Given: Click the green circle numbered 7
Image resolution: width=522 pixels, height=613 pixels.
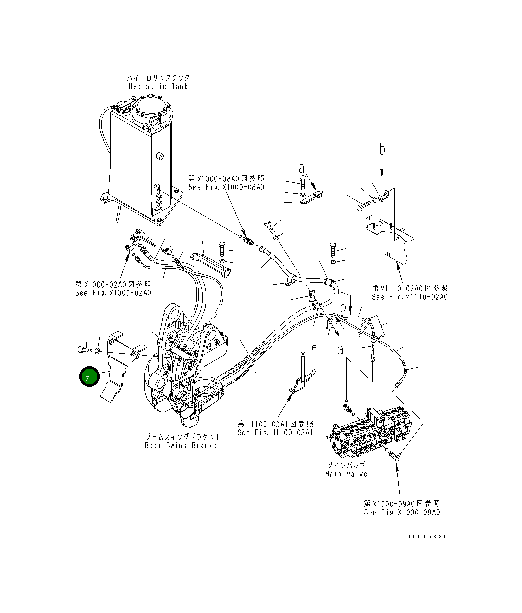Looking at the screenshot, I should (x=87, y=378).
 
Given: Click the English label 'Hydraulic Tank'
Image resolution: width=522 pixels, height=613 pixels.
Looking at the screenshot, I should (x=158, y=86).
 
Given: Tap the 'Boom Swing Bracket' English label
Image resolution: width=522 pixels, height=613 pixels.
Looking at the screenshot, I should (x=182, y=445).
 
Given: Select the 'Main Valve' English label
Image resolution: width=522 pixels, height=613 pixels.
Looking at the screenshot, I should (x=346, y=474).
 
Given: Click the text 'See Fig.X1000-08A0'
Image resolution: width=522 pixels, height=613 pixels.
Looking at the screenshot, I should (x=226, y=187).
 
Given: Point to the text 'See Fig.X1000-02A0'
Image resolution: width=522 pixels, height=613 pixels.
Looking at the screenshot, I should (x=113, y=293).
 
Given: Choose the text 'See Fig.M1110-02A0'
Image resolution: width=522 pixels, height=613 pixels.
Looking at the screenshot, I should (x=409, y=297).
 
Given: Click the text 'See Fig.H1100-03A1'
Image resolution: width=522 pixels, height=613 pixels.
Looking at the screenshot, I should (x=275, y=432).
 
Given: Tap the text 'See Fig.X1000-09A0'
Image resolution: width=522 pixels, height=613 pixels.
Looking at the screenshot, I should (x=402, y=512).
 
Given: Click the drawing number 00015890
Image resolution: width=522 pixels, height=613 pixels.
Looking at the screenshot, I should (x=427, y=537).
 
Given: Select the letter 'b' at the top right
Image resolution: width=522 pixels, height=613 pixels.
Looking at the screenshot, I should (x=382, y=149).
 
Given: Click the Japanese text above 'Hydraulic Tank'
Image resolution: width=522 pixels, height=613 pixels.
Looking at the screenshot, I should (x=158, y=78).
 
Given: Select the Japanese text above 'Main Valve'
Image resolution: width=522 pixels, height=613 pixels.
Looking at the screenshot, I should (x=346, y=465).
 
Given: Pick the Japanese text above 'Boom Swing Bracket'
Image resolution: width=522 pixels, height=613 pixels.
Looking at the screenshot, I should (x=182, y=437).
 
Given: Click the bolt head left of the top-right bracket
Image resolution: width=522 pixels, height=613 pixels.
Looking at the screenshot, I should (x=361, y=205).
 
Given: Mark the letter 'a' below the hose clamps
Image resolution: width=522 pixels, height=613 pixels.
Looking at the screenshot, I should (x=340, y=351).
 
